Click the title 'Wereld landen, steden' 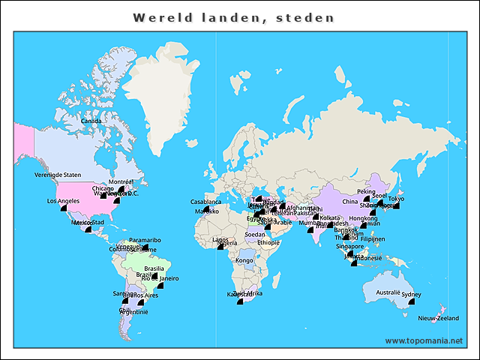coord(233,17)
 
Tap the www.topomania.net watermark coord(424,340)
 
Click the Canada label coord(91,121)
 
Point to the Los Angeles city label coord(63,201)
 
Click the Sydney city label coord(412,295)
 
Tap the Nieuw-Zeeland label coord(439,319)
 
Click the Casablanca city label coord(205,202)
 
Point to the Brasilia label coord(154,268)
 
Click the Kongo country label coord(244,260)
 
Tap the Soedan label coord(255,234)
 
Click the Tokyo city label coord(396,199)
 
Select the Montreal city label coord(121,182)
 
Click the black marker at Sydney coord(412,301)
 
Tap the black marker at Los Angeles coord(63,208)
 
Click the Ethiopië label coord(268,243)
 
